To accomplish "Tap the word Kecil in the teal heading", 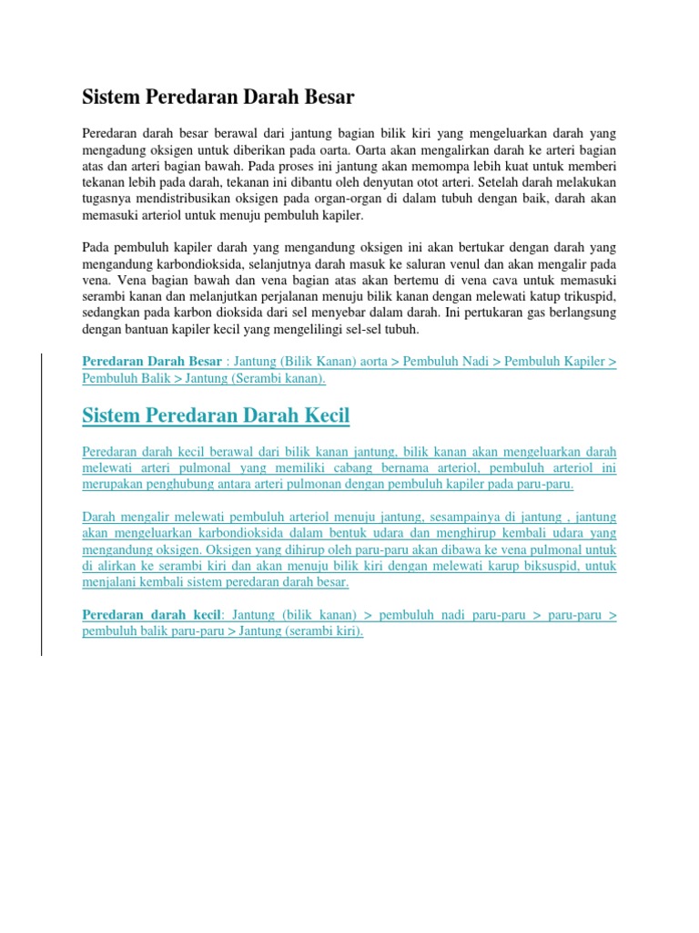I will tap(321, 416).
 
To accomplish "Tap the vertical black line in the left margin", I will tap(40, 492).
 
